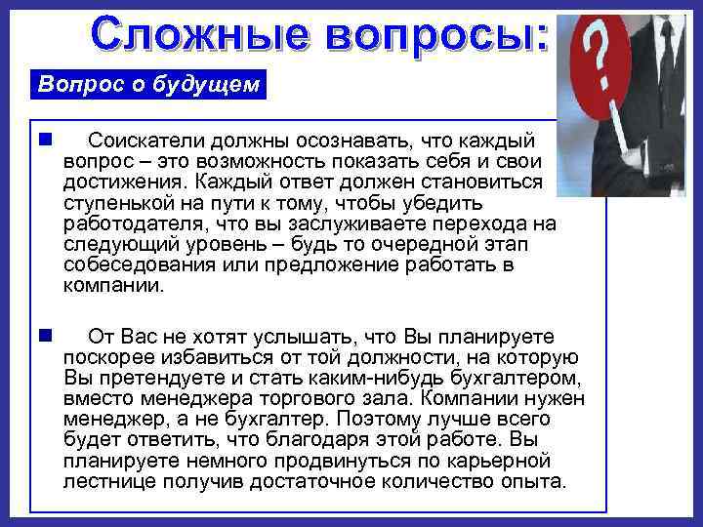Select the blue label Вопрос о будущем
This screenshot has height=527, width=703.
coord(148,84)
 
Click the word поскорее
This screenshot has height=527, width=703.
coord(109,356)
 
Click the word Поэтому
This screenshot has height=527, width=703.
coord(372,419)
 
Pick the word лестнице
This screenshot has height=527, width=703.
coord(109,481)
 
